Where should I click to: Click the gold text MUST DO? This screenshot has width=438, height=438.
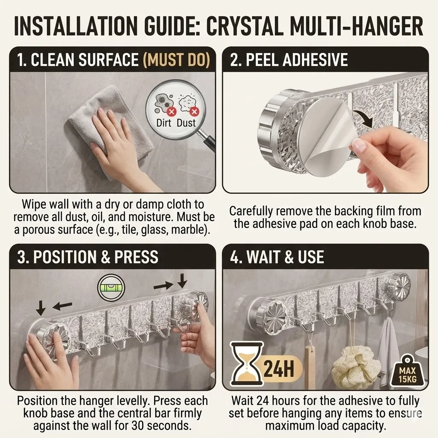coord(176,59)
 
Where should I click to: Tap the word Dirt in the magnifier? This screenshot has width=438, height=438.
coord(163,123)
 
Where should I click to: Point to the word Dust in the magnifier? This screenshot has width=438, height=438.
coord(186,123)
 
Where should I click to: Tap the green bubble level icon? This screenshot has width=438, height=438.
coord(111,288)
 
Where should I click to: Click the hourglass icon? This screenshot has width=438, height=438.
coord(247,364)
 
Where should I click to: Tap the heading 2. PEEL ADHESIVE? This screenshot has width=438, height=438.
coord(289,59)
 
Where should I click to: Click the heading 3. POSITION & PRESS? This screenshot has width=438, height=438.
coord(88,257)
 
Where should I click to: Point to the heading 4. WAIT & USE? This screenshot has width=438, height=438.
coord(277,257)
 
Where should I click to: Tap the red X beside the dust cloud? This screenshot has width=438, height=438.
coord(194,112)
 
